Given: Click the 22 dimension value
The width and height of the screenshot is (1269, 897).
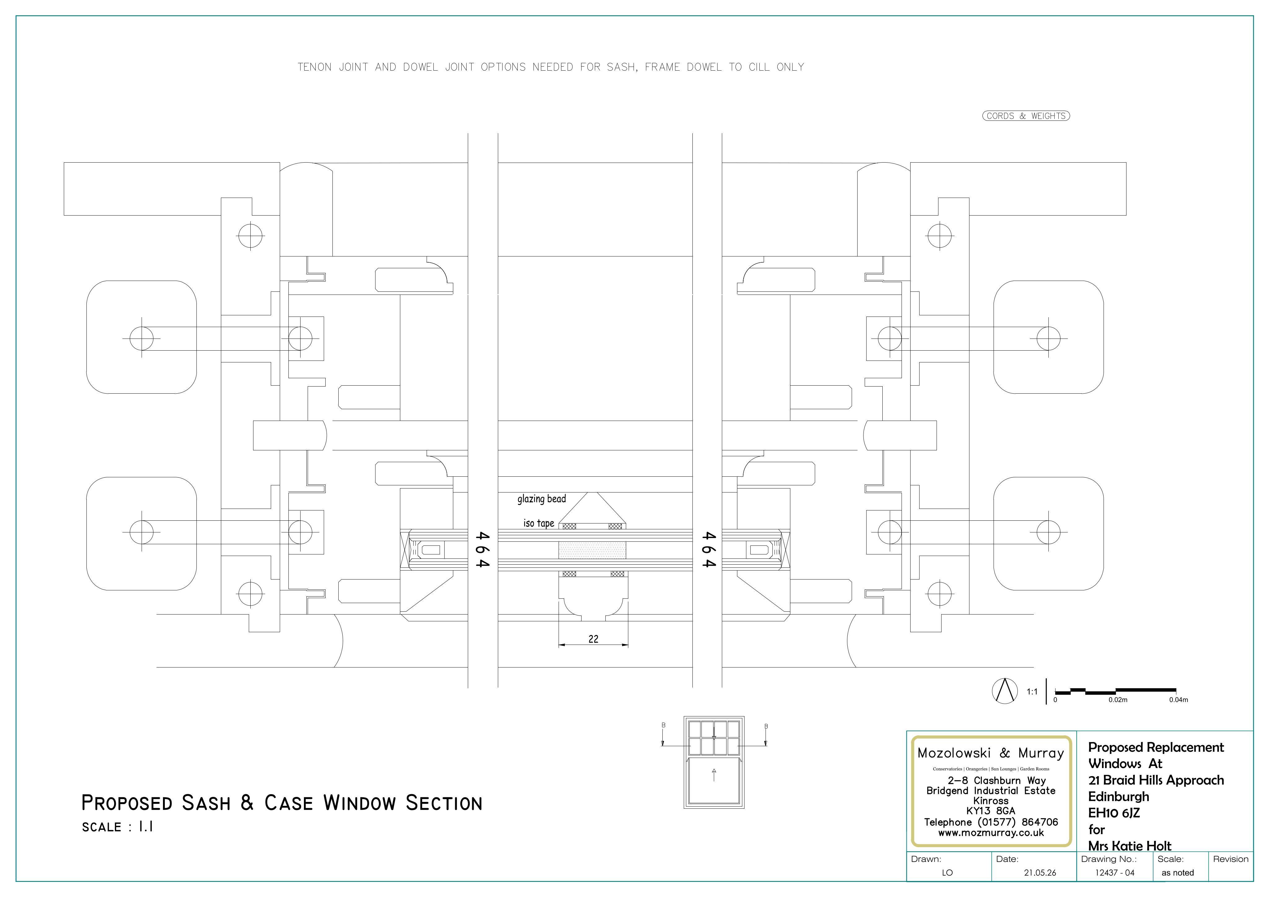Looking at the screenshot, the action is [x=593, y=639].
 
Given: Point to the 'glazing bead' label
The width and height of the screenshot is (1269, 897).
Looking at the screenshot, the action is [x=542, y=499].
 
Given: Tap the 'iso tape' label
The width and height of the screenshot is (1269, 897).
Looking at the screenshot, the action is [x=539, y=523].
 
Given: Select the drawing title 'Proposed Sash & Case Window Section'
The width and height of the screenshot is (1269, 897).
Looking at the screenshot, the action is [x=282, y=803].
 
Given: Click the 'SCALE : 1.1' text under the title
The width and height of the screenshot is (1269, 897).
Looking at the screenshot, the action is [x=117, y=827].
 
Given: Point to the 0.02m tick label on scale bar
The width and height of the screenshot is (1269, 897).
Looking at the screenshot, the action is [x=1118, y=700].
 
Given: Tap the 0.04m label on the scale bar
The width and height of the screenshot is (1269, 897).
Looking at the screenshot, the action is [x=1178, y=700].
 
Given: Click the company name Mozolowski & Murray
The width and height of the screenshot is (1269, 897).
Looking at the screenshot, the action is [x=990, y=753].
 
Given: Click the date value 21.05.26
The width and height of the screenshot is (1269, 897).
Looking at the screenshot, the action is [x=1040, y=873].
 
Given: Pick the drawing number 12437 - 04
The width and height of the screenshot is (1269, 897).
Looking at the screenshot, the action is [x=1115, y=873].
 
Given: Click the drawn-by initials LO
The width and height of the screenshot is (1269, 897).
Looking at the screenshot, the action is [x=947, y=873].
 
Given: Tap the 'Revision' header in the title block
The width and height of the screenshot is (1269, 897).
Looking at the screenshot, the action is [x=1231, y=859].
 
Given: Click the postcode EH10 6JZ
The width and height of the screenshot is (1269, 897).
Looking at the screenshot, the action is [x=1114, y=813].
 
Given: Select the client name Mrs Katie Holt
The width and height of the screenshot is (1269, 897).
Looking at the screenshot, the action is [x=1130, y=846].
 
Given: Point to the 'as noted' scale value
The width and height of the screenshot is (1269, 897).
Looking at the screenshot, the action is [x=1177, y=873].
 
